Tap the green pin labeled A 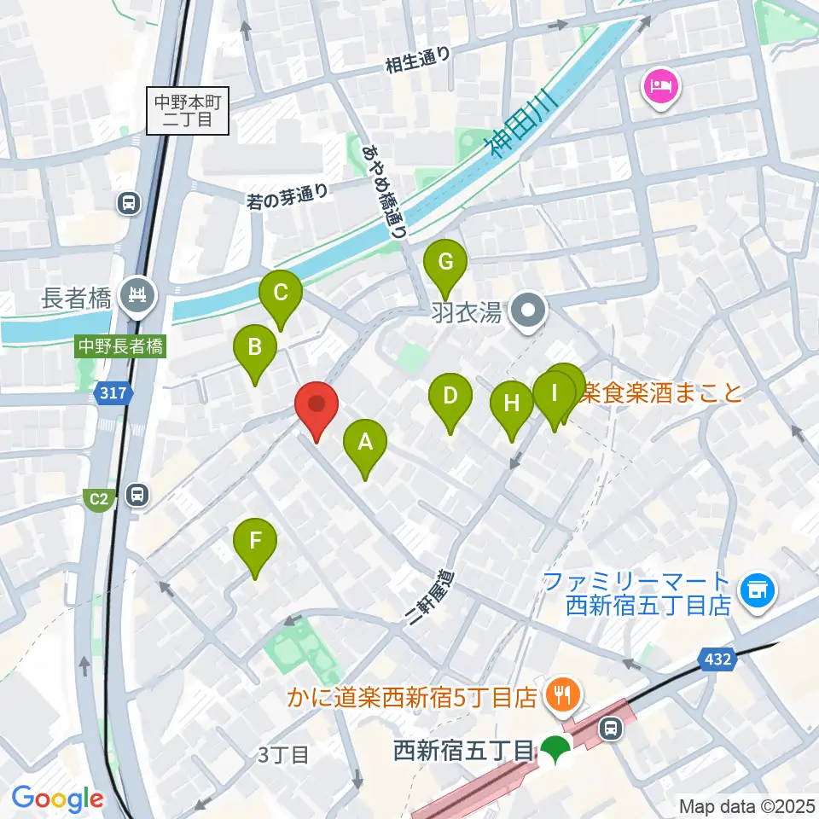(365, 444)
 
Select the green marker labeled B (255, 348)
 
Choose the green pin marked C (281, 294)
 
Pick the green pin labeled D (450, 397)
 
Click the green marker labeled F (256, 542)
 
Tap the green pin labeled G (445, 263)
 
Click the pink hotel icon (663, 86)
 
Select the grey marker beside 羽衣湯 (528, 313)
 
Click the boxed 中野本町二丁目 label (188, 111)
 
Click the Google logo (57, 799)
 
